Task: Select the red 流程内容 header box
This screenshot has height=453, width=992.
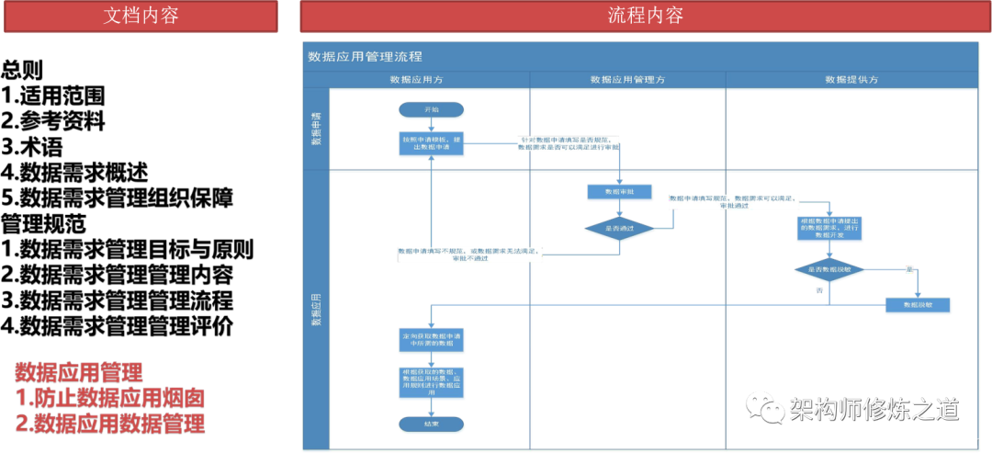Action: tap(645, 16)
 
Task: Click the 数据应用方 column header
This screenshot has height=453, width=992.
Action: tap(430, 80)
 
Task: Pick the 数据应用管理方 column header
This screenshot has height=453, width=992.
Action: tap(627, 80)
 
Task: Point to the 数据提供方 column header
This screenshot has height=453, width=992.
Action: tap(851, 80)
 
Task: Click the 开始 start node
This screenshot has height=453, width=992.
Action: tap(431, 109)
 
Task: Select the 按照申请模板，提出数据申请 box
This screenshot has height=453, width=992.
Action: tap(431, 143)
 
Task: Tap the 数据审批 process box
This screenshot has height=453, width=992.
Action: tap(619, 192)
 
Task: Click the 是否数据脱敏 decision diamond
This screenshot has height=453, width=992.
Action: tap(829, 270)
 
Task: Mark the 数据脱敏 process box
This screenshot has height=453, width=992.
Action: tap(917, 304)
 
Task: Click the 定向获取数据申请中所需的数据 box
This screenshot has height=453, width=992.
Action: tap(431, 339)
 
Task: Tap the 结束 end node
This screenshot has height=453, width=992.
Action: tap(431, 424)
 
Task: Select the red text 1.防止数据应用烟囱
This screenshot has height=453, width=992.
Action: tap(109, 398)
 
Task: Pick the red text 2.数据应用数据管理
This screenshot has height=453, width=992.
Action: tap(109, 423)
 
